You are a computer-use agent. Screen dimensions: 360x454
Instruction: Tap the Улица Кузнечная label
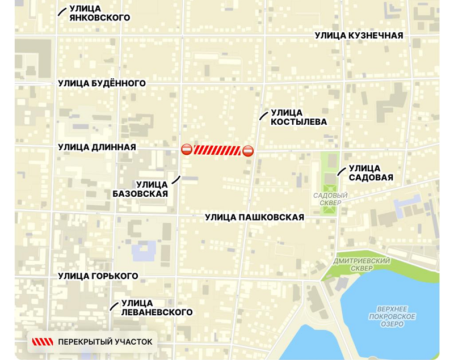pyautogui.click(x=359, y=36)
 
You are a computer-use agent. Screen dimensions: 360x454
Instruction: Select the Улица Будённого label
pyautogui.click(x=102, y=83)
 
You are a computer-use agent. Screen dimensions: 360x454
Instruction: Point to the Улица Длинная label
pyautogui.click(x=96, y=147)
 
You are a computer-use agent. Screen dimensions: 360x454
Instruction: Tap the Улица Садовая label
pyautogui.click(x=371, y=173)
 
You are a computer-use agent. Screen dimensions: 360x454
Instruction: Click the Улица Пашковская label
pyautogui.click(x=254, y=217)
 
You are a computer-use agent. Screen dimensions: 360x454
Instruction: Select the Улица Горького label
pyautogui.click(x=98, y=276)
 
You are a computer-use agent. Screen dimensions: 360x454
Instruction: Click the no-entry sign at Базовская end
pyautogui.click(x=186, y=150)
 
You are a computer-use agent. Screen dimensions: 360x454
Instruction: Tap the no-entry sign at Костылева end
pyautogui.click(x=247, y=151)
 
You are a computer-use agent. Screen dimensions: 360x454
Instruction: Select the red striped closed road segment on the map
pyautogui.click(x=217, y=150)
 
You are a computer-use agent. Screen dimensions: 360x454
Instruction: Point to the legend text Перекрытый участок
pyautogui.click(x=105, y=341)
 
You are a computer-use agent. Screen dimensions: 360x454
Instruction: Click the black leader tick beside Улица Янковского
pyautogui.click(x=61, y=12)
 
